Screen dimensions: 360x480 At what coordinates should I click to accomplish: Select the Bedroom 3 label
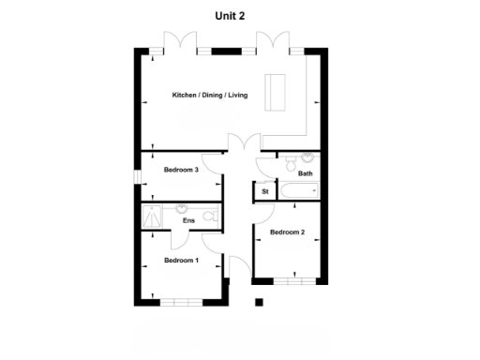(182, 170)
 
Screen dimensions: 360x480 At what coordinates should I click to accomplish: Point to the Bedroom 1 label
(182, 260)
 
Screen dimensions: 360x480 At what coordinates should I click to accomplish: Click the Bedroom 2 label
(288, 232)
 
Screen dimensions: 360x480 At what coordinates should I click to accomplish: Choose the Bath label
(306, 173)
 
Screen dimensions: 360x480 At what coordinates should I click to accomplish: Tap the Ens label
(188, 221)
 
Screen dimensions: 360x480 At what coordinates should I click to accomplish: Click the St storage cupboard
(265, 192)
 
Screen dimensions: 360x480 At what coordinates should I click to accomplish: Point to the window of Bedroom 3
(137, 176)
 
